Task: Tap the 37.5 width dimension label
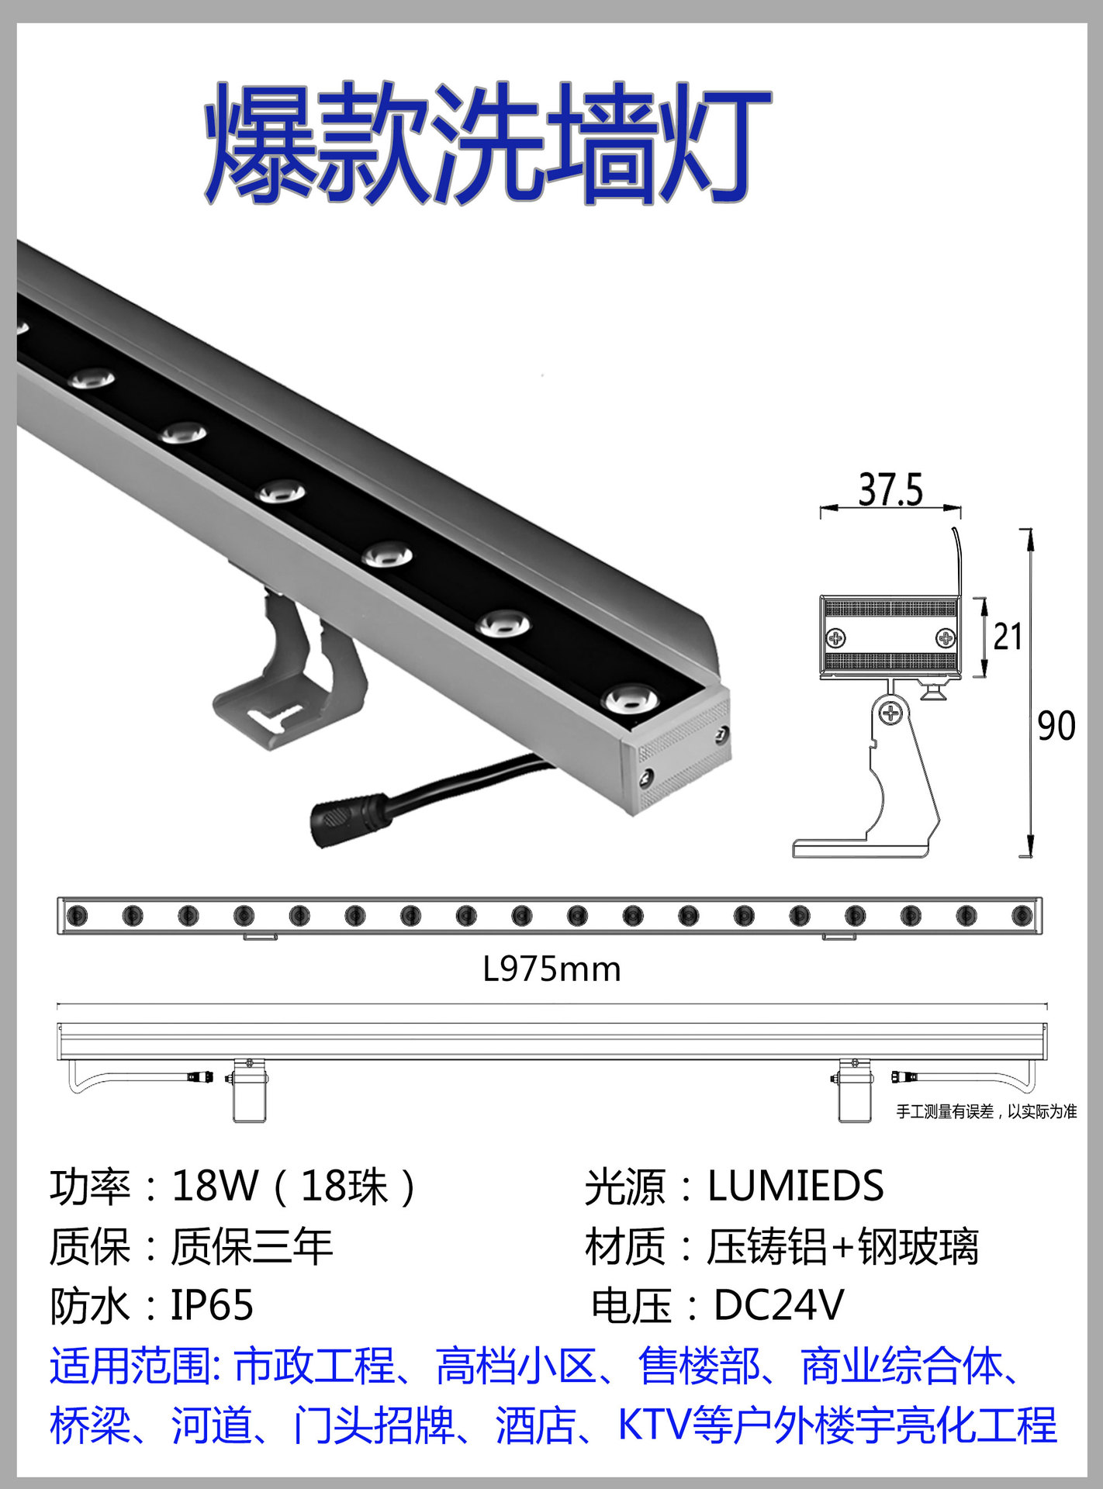(890, 490)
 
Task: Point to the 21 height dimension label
(1008, 637)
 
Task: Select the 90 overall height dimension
(1056, 727)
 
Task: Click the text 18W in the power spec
(214, 1186)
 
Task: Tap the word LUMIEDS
(795, 1186)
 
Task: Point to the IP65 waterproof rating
(212, 1305)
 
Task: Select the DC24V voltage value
(778, 1305)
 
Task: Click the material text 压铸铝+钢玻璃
(842, 1246)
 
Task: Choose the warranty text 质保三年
(251, 1246)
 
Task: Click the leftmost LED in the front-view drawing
(77, 916)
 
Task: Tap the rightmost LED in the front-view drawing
(1022, 916)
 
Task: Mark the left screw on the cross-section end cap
(836, 638)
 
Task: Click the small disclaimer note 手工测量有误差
(986, 1112)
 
